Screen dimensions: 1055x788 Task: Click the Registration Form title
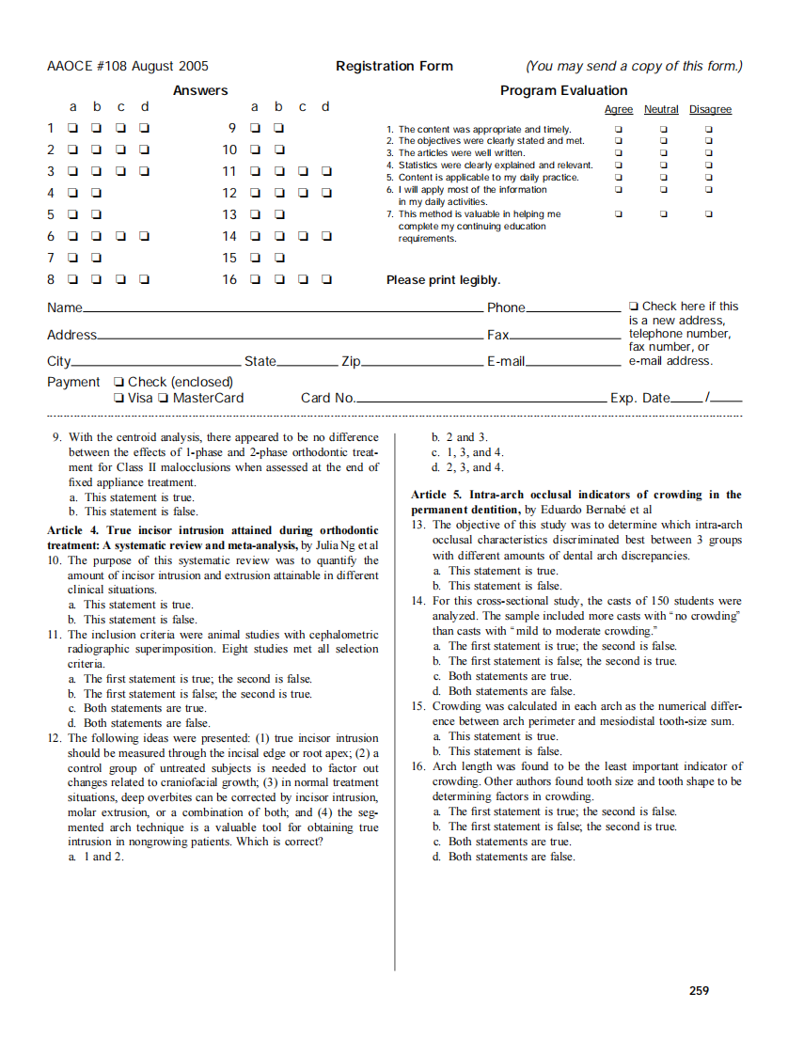[x=394, y=66]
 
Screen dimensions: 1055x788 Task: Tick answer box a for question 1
[x=72, y=128]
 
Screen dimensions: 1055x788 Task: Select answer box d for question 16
[x=326, y=279]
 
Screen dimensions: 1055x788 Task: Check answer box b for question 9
[x=278, y=128]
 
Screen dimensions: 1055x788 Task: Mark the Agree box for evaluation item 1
[x=618, y=129]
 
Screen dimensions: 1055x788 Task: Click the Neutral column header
[x=661, y=110]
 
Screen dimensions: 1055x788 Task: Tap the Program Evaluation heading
[x=563, y=90]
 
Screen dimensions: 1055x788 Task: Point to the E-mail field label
[x=505, y=362]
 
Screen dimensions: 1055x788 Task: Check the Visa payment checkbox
[x=118, y=399]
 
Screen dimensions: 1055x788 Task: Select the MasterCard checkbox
[x=165, y=399]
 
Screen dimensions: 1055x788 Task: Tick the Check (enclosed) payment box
[x=118, y=383]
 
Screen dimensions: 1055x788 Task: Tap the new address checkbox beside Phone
[x=634, y=307]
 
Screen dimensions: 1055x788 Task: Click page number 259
[x=699, y=990]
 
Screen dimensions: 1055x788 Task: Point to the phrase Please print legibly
[x=443, y=280]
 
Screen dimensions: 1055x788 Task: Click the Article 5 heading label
[x=440, y=495]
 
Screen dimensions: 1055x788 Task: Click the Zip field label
[x=351, y=362]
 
